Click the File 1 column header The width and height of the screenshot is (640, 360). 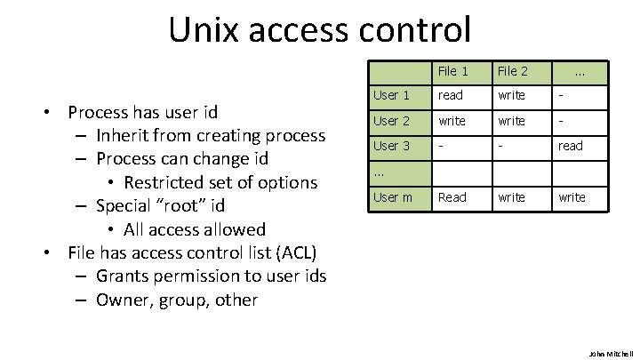(453, 71)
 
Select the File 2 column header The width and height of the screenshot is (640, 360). (513, 71)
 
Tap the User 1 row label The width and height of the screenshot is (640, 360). (391, 95)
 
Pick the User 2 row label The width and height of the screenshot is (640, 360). (391, 120)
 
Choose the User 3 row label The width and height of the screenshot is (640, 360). (391, 146)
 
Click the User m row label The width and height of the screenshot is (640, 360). (392, 197)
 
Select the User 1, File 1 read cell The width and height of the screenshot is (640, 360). (451, 95)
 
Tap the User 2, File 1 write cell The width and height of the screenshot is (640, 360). (452, 120)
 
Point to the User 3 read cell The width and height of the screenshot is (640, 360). (571, 146)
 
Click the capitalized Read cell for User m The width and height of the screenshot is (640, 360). (452, 197)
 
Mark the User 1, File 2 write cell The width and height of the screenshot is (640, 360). (511, 95)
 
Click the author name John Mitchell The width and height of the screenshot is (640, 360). (609, 352)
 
